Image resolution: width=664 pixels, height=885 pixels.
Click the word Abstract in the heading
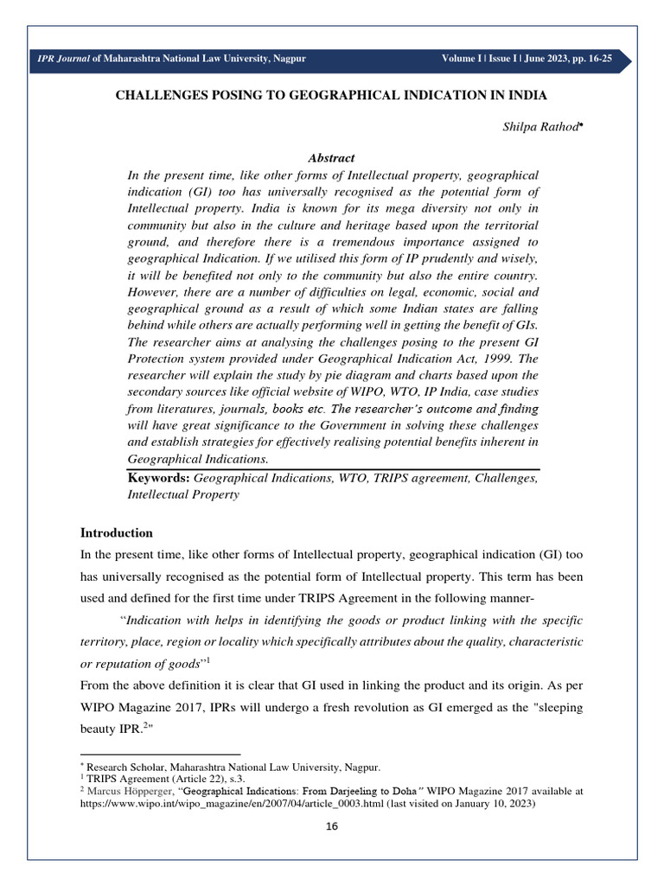331,158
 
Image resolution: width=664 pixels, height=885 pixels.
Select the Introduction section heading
117,532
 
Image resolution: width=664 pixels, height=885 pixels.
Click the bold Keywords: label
158,477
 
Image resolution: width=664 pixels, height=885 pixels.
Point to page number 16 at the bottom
332,826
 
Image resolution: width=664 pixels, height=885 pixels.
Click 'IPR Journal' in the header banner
60,59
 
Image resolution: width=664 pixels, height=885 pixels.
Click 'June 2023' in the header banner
535,59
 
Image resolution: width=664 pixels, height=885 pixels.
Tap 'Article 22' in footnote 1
187,778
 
